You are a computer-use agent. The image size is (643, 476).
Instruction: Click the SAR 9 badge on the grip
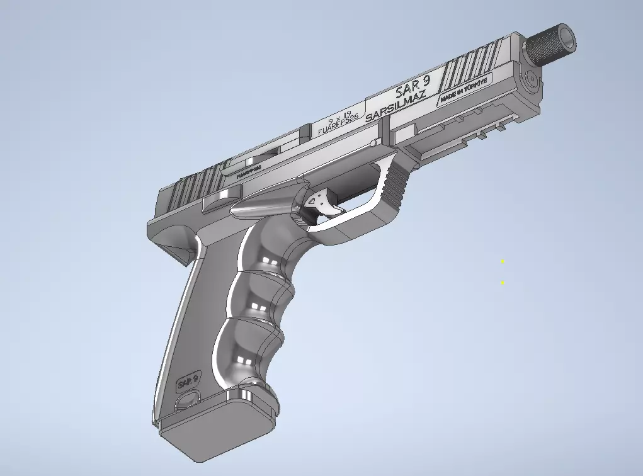click(x=188, y=380)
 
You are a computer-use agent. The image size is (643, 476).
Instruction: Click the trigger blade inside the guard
click(x=324, y=203)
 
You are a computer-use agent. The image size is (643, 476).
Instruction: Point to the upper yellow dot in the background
click(x=503, y=261)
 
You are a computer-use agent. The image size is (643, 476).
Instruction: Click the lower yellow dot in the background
click(x=503, y=283)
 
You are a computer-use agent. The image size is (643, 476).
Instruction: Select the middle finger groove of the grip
click(x=255, y=302)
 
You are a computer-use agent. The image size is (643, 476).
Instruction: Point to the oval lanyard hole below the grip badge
click(x=187, y=399)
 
